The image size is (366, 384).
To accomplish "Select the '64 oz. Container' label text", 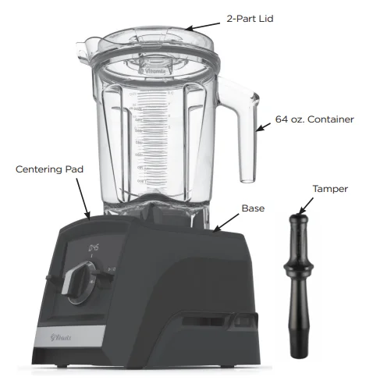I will [314, 120].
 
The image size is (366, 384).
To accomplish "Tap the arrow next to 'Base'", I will [228, 221].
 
